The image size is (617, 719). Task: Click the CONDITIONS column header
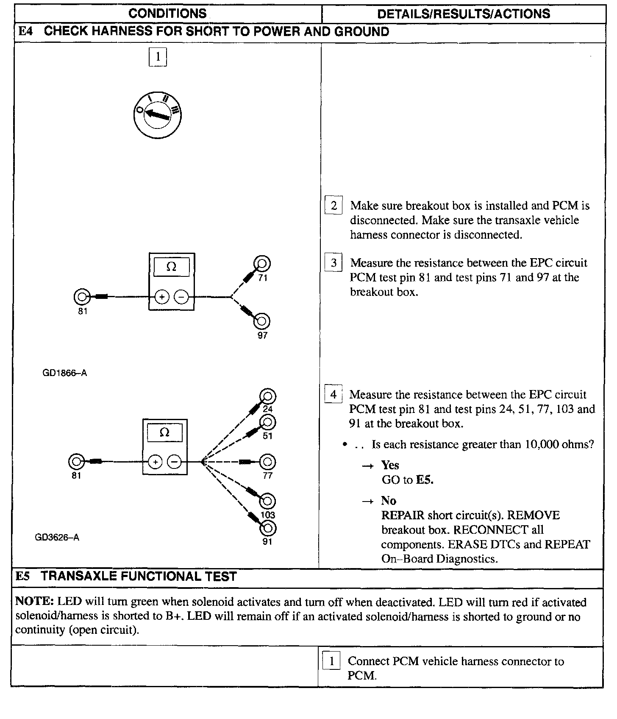167,14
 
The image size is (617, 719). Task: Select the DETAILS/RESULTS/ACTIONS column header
463,14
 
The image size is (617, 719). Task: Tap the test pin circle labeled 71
262,264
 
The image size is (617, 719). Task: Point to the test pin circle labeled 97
261,321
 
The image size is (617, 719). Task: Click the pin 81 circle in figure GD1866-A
81,297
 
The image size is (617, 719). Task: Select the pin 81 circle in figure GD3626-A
76,461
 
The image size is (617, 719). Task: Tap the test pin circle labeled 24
268,397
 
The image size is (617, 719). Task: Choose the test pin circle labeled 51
268,422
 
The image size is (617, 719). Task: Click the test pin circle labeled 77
267,462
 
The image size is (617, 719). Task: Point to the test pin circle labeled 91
268,528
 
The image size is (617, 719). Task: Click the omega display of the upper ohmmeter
171,267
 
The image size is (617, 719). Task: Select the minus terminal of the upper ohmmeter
182,298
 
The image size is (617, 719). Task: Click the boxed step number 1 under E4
158,57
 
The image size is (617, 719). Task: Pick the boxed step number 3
334,263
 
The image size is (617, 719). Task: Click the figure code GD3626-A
57,538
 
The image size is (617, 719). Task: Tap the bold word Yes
390,465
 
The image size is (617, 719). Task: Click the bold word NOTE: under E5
35,602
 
